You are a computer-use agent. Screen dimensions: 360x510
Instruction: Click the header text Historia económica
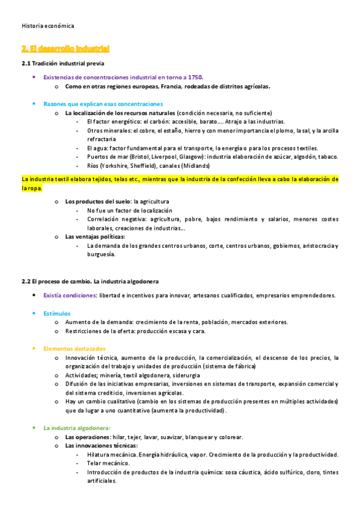click(47, 26)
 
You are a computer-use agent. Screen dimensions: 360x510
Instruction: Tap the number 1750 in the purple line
click(195, 77)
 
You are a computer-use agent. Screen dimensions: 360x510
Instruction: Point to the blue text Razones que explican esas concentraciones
click(103, 103)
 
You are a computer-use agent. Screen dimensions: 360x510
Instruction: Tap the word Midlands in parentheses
click(197, 165)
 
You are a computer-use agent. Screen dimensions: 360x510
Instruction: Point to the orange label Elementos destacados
click(74, 348)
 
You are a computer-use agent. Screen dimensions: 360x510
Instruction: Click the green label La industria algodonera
click(76, 428)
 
